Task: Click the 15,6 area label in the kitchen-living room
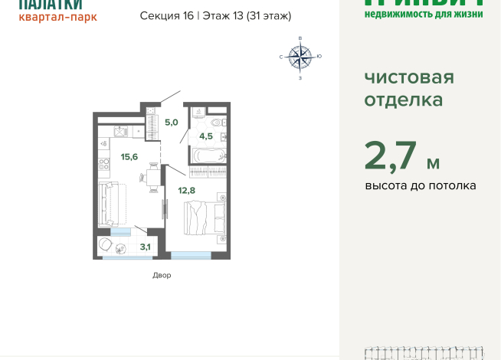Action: [129, 157]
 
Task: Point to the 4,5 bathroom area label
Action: [207, 137]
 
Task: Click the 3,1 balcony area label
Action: [145, 246]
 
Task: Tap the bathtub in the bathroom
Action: [208, 155]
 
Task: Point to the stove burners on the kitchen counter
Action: [103, 163]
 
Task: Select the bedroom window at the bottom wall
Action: [191, 255]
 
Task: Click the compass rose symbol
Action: [300, 56]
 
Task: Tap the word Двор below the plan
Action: [161, 275]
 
